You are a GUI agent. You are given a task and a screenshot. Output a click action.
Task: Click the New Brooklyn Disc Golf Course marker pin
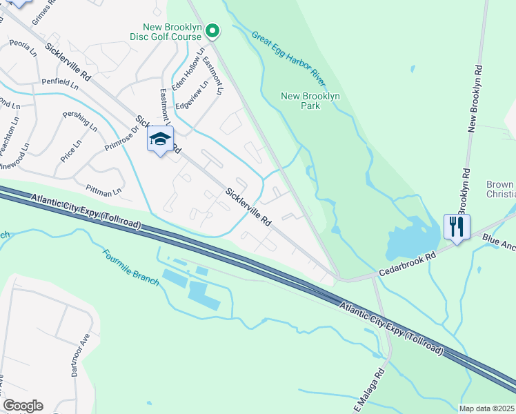(213, 30)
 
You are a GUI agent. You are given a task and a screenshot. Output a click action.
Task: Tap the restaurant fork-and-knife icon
(457, 226)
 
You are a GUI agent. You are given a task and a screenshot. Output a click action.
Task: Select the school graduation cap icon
(160, 139)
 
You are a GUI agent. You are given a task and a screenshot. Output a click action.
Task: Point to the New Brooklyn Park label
(311, 101)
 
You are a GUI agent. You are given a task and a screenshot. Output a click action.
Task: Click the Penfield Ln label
(60, 81)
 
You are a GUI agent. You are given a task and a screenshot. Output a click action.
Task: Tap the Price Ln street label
(70, 150)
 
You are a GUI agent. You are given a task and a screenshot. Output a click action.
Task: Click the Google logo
(23, 406)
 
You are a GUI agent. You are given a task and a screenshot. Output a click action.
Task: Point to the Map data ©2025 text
(487, 408)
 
